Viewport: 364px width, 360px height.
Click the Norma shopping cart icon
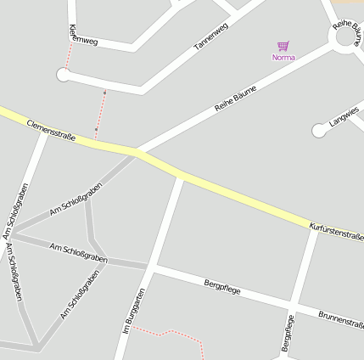coord(283,47)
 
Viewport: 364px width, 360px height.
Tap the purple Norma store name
coord(283,58)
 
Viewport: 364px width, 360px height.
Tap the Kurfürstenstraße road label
coord(337,230)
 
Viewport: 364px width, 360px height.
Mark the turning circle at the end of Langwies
coord(318,130)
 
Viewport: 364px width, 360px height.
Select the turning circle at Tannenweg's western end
coord(62,76)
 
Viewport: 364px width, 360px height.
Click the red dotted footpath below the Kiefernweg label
coord(67,56)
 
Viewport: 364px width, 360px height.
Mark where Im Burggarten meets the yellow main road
coord(181,177)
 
